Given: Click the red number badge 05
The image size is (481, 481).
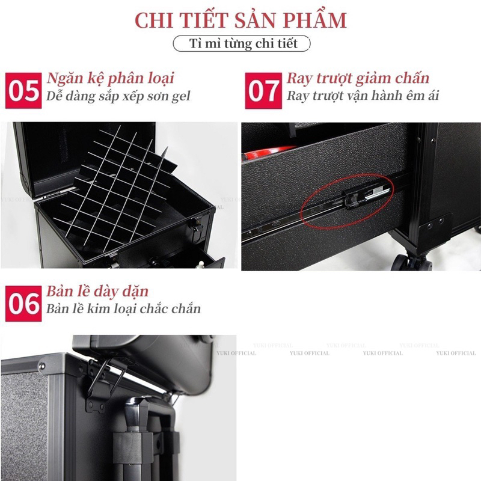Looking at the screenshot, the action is pos(23,91).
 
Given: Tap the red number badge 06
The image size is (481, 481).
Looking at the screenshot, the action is pos(23,304).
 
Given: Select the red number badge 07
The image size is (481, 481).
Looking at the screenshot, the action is pos(263,91).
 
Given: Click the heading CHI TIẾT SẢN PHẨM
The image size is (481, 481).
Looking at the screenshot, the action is pos(240,20).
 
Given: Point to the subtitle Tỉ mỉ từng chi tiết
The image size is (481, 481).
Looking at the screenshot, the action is pos(243,43).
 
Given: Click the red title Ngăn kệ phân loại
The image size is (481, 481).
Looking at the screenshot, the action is pos(110,78).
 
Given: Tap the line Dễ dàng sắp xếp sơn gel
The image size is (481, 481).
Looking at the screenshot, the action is pos(118,96).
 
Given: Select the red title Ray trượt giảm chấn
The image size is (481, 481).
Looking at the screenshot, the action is pos(358,78).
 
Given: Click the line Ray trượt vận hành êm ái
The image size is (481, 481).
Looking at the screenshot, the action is pos(363,96).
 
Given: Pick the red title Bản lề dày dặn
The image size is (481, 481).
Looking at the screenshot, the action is pos(97,292).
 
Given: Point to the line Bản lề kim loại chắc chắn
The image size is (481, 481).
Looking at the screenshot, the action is pos(123,308).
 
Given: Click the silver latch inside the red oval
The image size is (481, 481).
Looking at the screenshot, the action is pos(378,192).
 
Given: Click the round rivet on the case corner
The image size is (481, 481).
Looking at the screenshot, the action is pos(41,366).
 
